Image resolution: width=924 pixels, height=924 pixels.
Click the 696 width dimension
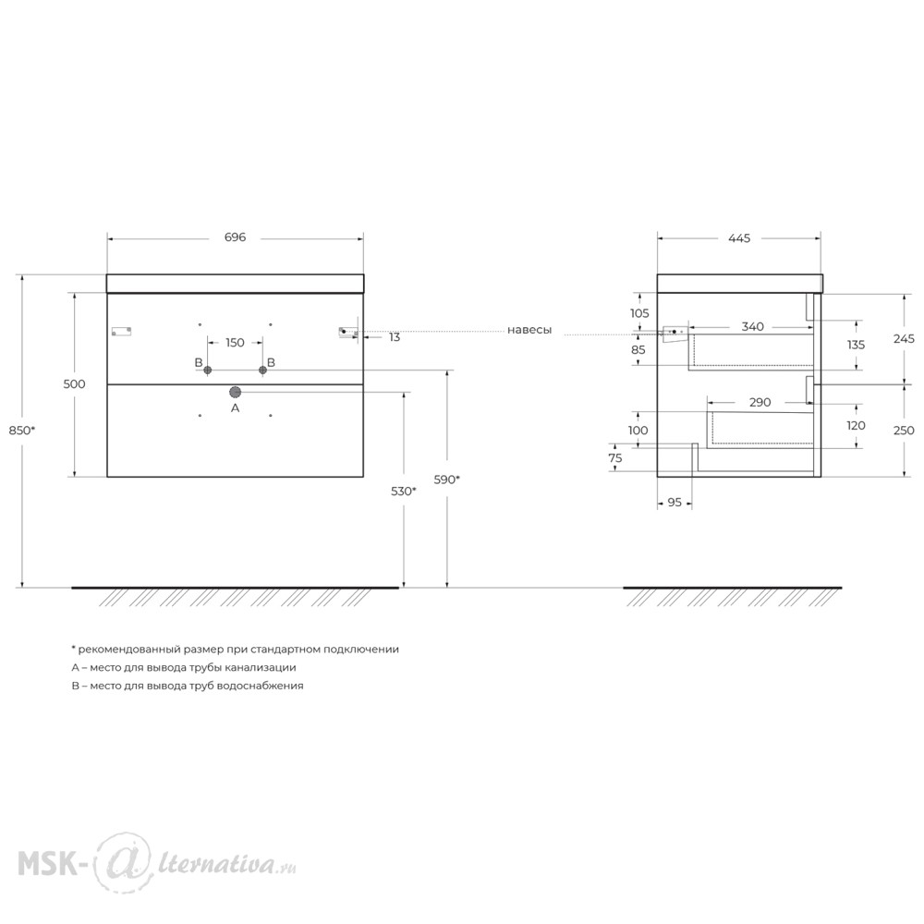tap(235, 237)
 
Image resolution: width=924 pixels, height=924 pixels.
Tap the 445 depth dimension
tap(739, 238)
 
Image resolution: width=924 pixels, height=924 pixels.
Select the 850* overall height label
tap(22, 431)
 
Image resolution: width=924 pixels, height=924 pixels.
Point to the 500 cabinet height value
tap(74, 384)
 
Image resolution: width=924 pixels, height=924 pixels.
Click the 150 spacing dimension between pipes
tap(235, 343)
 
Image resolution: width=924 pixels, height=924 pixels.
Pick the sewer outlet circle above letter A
tap(235, 392)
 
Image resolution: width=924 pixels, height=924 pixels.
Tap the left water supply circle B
tap(207, 371)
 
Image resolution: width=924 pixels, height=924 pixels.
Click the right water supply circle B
tap(262, 371)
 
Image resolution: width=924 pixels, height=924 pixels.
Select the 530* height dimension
tap(404, 491)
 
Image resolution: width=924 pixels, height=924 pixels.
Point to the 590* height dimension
tap(446, 480)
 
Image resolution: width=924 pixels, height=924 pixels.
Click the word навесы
tap(529, 330)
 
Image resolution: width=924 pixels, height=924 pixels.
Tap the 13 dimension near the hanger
tap(395, 337)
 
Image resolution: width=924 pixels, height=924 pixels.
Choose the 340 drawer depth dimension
tap(752, 326)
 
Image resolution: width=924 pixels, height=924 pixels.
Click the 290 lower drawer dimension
tap(760, 403)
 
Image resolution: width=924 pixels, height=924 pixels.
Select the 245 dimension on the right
tap(904, 338)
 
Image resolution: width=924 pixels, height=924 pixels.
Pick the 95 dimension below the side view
tap(675, 502)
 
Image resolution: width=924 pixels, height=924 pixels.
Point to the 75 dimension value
tap(615, 458)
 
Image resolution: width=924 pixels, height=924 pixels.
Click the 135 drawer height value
tap(857, 345)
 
